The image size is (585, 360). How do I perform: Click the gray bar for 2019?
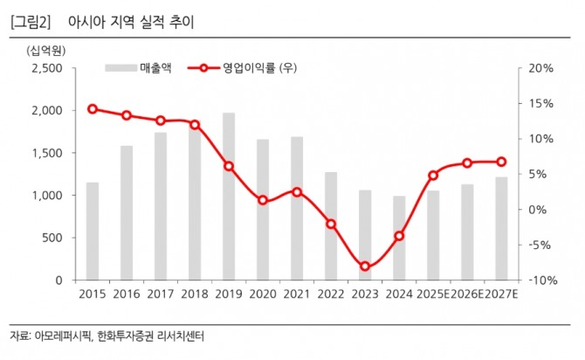click(229, 196)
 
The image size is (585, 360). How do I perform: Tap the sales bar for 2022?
click(330, 225)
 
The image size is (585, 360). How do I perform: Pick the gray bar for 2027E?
click(501, 228)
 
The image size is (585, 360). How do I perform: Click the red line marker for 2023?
click(365, 267)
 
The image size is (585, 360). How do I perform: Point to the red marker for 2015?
click(93, 109)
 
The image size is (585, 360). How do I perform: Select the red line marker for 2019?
click(229, 166)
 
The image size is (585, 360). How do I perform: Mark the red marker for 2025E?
click(433, 176)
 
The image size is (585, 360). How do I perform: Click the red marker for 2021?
click(297, 191)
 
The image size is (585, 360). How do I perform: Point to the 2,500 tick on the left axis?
click(45, 68)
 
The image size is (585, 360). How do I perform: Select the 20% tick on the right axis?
click(539, 68)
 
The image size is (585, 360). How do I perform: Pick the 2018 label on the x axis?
click(195, 295)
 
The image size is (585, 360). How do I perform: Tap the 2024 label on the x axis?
click(399, 295)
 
